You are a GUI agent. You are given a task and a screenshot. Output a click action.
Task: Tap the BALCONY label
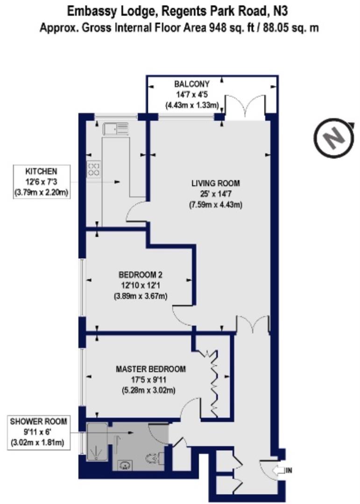point(192,84)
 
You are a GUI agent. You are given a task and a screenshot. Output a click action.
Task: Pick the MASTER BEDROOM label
point(150,369)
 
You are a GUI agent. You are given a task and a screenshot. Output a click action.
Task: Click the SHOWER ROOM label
point(38,421)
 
